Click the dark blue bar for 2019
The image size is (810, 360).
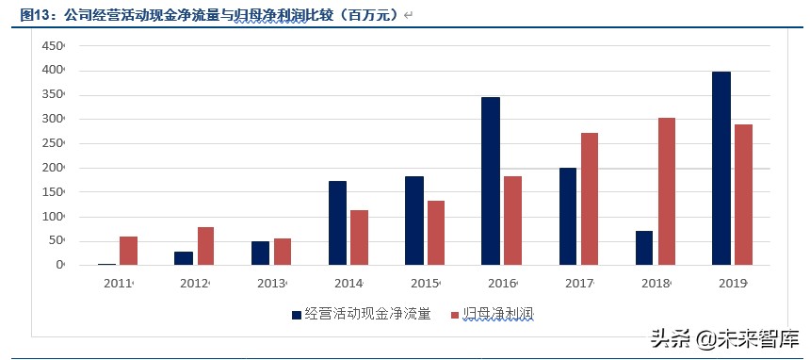(x=721, y=169)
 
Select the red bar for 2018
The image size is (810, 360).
(x=667, y=191)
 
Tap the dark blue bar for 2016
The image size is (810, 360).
(x=491, y=181)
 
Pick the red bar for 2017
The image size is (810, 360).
(x=590, y=199)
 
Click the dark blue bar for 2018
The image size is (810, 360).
(x=644, y=248)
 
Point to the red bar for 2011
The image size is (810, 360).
(x=129, y=251)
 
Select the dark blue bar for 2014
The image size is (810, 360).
(x=337, y=223)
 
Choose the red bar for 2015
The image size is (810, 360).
(x=436, y=233)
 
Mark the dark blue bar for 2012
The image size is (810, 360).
(x=184, y=258)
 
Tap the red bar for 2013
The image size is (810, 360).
(x=283, y=252)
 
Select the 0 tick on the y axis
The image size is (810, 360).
(x=58, y=265)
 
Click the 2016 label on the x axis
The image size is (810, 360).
(x=501, y=283)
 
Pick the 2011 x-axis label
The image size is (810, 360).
(x=118, y=283)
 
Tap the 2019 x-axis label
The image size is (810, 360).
(x=732, y=283)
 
